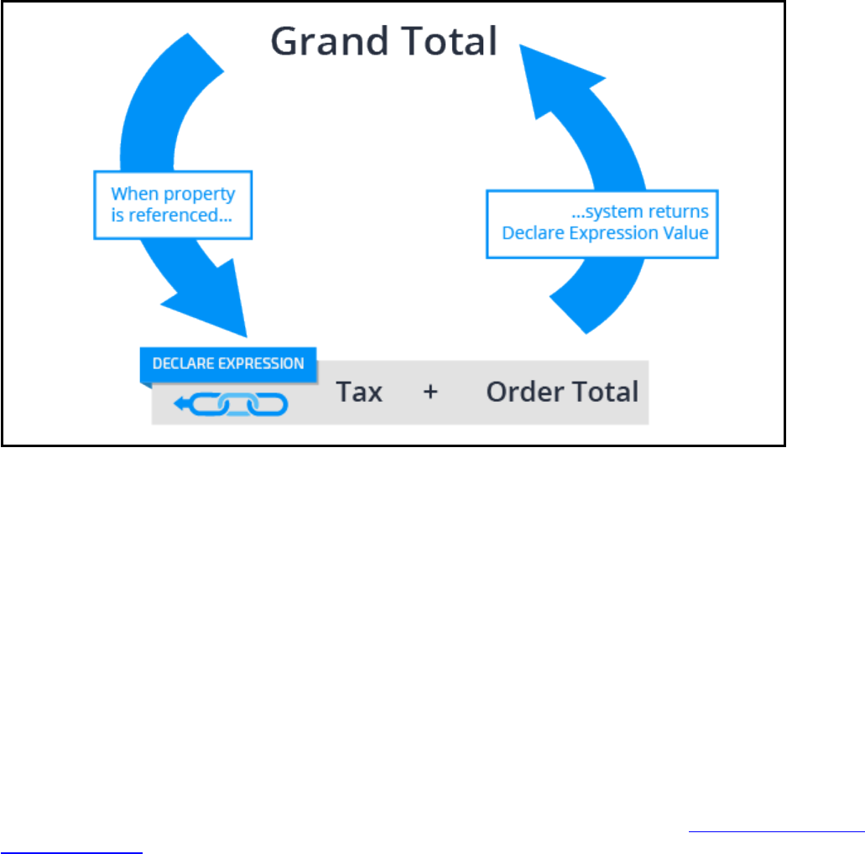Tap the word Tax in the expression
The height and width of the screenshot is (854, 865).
pyautogui.click(x=360, y=392)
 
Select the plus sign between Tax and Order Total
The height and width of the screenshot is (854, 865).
pyautogui.click(x=430, y=392)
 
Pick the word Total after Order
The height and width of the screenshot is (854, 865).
pyautogui.click(x=603, y=392)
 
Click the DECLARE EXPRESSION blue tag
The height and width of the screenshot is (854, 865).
pyautogui.click(x=228, y=364)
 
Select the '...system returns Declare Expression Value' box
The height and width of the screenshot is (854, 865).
pyautogui.click(x=602, y=222)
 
